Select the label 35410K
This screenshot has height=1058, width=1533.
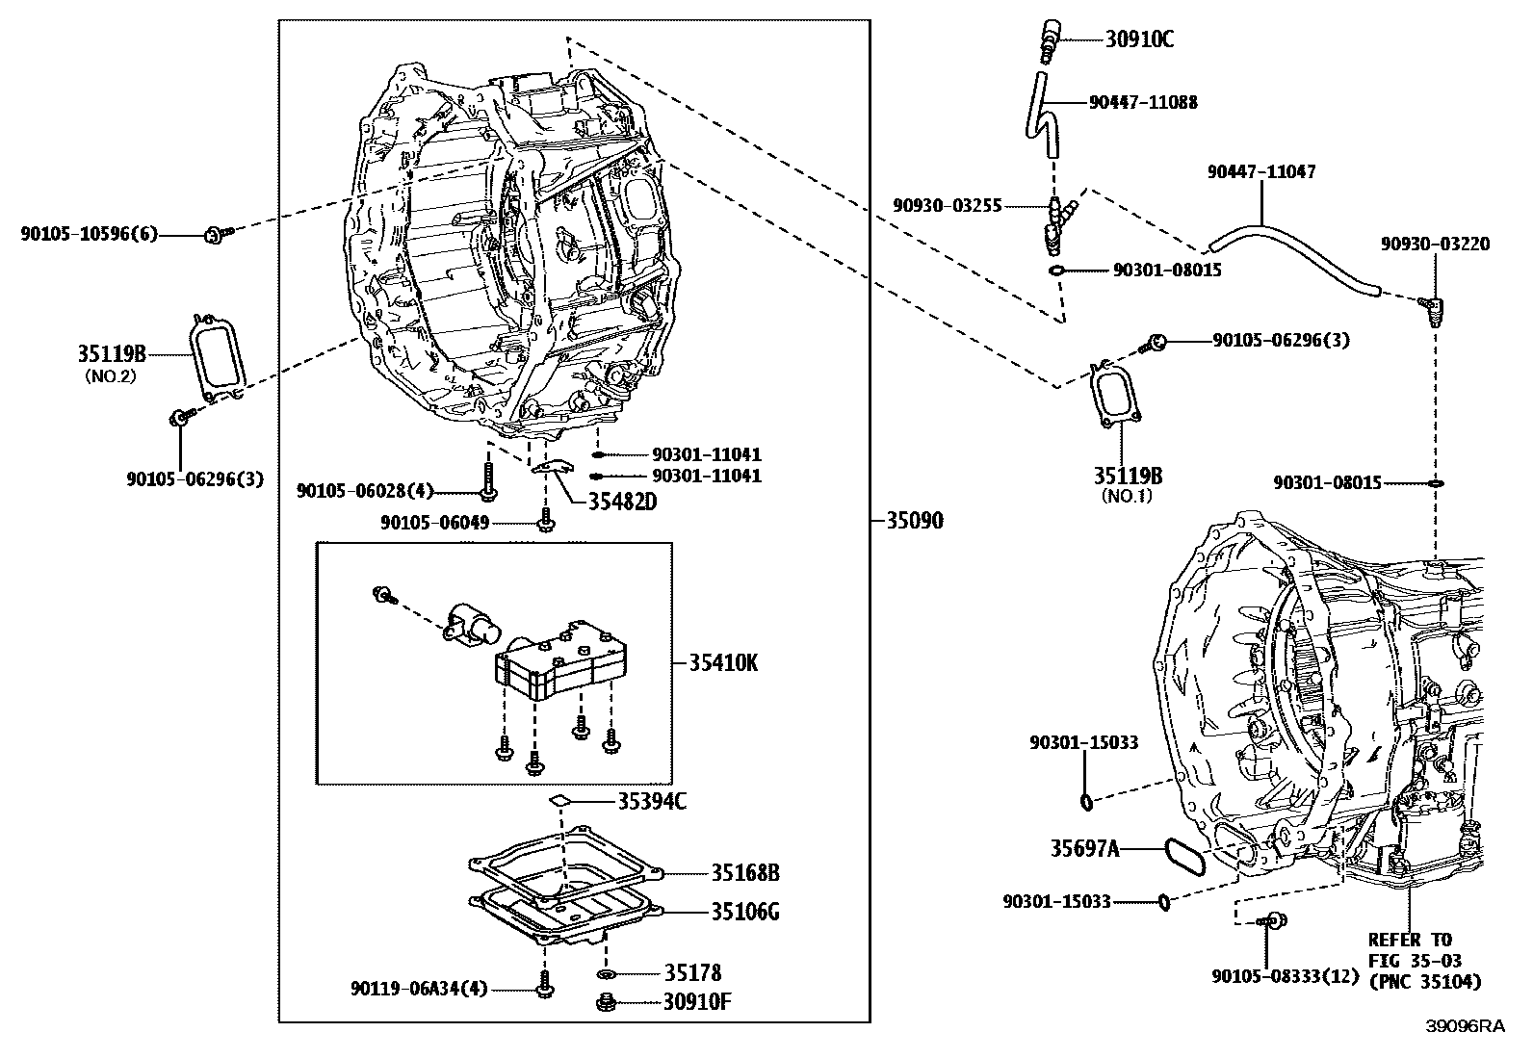[722, 663]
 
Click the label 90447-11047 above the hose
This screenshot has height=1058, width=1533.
[1260, 172]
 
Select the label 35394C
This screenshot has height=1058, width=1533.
[652, 801]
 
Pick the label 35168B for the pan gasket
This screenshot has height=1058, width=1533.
[745, 873]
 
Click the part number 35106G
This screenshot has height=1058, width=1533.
[745, 911]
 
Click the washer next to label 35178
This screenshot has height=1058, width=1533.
[608, 975]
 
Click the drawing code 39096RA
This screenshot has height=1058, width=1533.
[1465, 1026]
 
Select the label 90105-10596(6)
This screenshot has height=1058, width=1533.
[89, 234]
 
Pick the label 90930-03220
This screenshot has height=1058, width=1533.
[1434, 245]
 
